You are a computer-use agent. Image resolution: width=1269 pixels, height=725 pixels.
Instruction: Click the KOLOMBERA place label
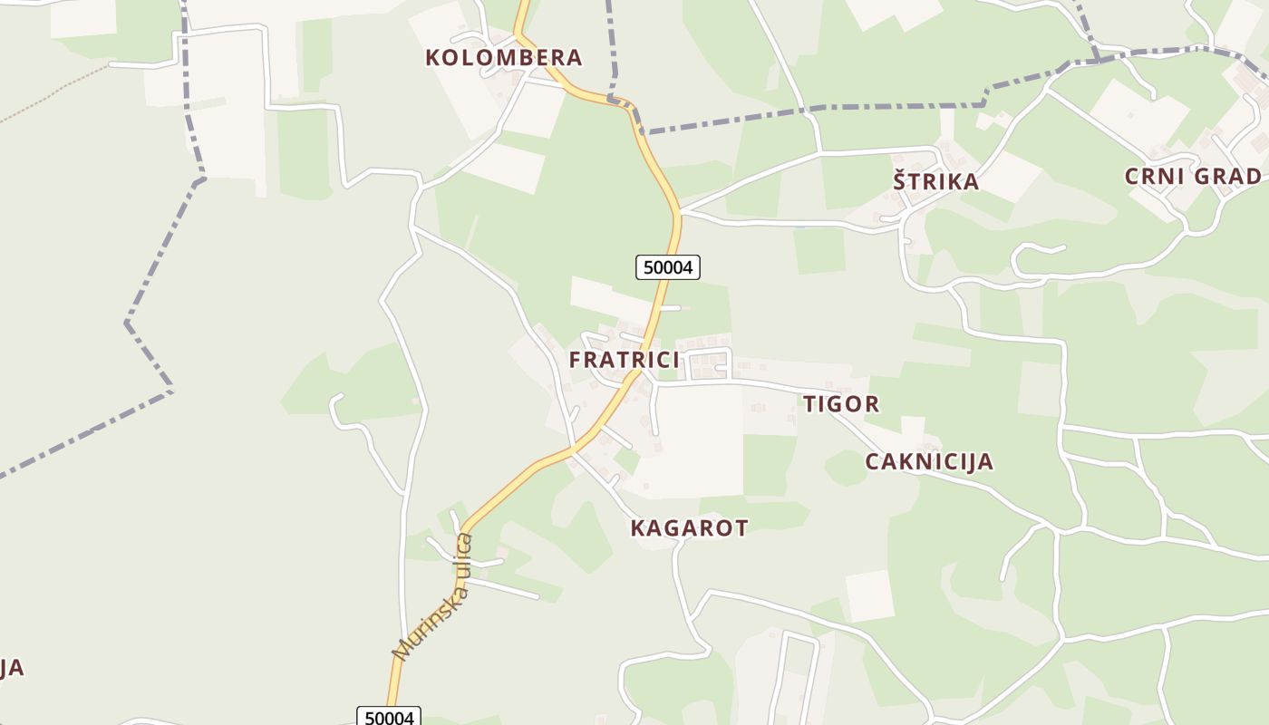point(503,58)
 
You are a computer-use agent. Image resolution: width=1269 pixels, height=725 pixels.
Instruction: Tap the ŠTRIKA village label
point(935,181)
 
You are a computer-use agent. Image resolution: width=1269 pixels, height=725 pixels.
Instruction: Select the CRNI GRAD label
point(1192,176)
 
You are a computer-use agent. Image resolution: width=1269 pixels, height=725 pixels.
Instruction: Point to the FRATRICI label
point(624,360)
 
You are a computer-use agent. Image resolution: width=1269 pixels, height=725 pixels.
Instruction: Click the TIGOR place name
point(841,404)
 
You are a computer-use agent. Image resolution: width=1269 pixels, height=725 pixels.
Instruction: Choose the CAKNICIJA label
point(929,462)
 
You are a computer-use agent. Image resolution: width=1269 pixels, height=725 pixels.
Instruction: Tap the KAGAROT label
point(689,528)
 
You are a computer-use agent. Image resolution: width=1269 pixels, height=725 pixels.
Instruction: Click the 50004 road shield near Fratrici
point(668,267)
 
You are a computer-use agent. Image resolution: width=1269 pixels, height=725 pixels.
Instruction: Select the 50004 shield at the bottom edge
point(389,717)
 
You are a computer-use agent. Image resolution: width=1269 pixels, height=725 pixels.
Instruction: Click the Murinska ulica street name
point(433,597)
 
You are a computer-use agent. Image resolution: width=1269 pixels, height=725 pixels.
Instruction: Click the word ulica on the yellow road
point(460,556)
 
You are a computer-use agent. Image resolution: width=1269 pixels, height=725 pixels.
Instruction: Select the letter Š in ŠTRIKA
point(900,180)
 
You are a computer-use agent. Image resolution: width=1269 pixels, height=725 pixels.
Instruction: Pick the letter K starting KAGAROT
point(637,528)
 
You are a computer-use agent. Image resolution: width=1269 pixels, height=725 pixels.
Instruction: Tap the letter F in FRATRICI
point(576,360)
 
